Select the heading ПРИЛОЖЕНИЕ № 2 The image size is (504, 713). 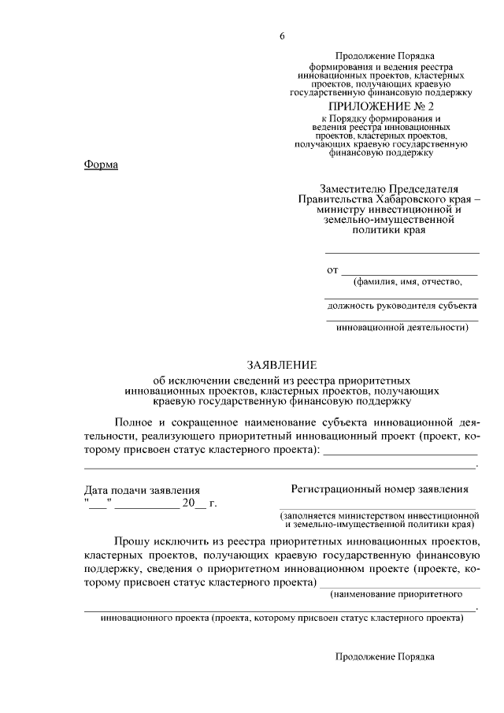click(x=382, y=106)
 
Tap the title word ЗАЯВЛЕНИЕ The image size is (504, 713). click(x=281, y=364)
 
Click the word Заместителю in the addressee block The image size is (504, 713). click(x=354, y=188)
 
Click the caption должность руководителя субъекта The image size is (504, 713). click(x=402, y=304)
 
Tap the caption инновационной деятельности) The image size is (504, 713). click(x=402, y=327)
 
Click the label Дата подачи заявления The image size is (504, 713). click(x=142, y=490)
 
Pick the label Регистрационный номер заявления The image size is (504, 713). click(x=380, y=488)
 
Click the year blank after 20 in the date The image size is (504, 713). click(x=200, y=505)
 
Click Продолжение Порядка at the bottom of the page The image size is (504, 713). click(x=384, y=655)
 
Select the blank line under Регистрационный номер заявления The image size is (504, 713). click(x=380, y=507)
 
